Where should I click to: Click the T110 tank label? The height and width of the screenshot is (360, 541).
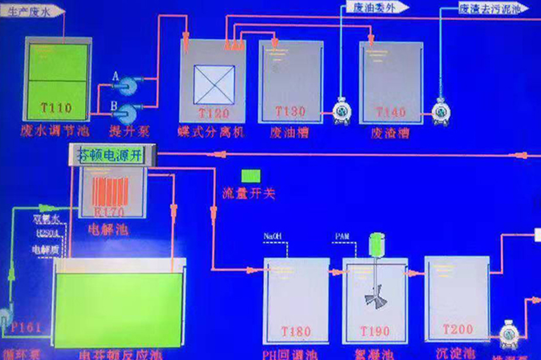[56, 108]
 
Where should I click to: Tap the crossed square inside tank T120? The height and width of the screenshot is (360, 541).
[214, 84]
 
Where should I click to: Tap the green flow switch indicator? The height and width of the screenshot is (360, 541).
[250, 176]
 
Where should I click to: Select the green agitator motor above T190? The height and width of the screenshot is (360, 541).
[376, 244]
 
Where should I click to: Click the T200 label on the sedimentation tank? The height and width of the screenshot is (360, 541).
[457, 329]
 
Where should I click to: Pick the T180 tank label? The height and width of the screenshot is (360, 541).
[296, 332]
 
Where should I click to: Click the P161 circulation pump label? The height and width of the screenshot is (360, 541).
[26, 327]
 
